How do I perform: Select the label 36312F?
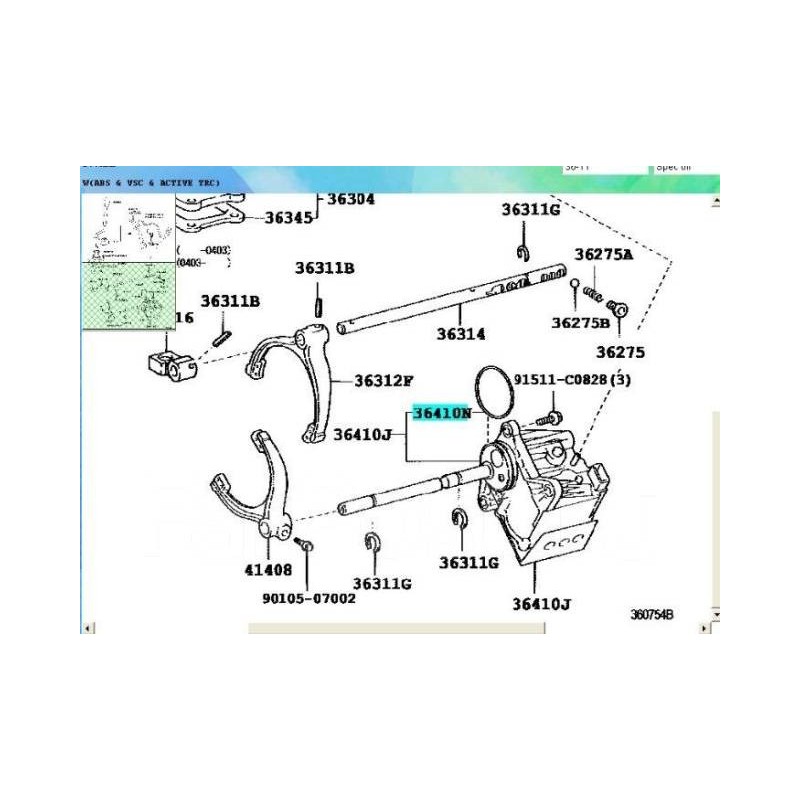point(383,381)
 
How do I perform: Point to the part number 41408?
point(267,570)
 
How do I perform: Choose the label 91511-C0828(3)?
point(572,380)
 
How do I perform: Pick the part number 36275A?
point(604,254)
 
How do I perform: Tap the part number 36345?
point(290,217)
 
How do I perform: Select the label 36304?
point(350,199)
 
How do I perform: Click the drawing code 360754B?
point(651,614)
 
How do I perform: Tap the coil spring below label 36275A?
point(594,293)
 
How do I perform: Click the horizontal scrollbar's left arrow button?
point(87,628)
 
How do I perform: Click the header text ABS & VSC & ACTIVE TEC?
point(150,183)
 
